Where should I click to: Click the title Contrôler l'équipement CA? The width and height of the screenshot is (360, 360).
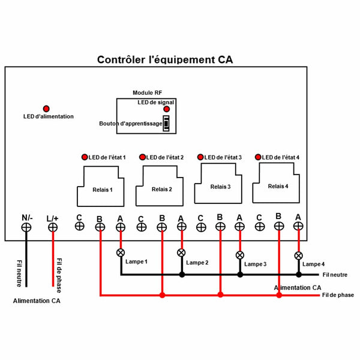[165, 60]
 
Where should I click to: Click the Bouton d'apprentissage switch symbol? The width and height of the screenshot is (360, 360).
[166, 124]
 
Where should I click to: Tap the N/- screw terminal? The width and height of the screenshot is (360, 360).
[27, 227]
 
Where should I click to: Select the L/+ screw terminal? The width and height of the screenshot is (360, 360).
[53, 227]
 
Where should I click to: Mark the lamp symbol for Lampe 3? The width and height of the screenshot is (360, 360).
[240, 255]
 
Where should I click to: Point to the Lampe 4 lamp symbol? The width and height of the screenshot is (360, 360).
[298, 256]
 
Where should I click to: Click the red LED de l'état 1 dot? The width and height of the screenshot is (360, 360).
[84, 157]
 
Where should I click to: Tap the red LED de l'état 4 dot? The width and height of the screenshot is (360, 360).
[258, 157]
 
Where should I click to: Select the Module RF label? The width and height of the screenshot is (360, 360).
[147, 93]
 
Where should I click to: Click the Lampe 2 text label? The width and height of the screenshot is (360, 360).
[197, 263]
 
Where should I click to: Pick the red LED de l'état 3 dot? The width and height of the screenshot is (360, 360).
[200, 157]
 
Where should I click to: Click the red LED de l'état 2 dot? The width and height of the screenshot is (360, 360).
[142, 157]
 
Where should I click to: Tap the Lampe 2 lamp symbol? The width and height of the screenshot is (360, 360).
[181, 253]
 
